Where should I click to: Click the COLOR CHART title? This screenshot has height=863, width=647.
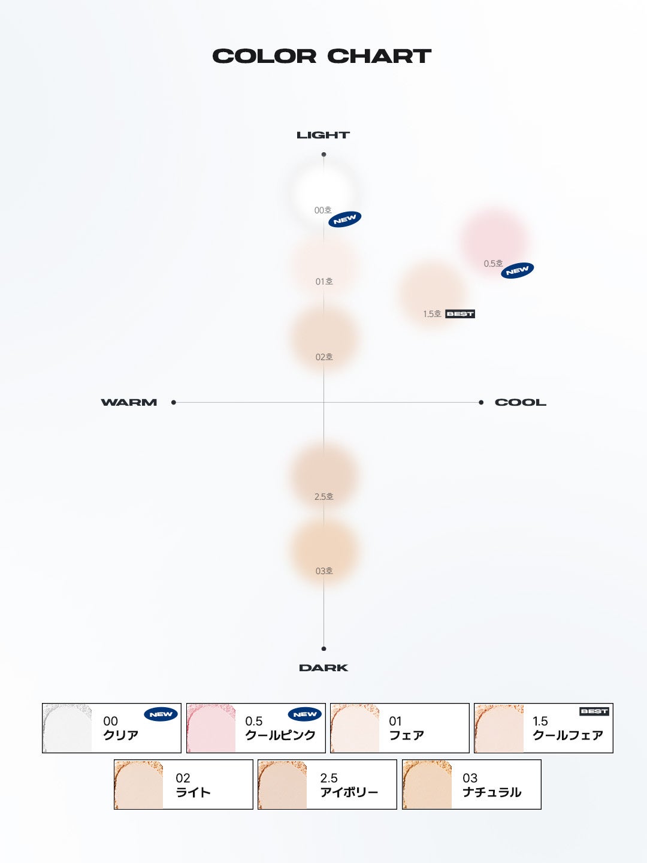point(322,56)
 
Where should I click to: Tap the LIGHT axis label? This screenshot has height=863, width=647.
point(323,135)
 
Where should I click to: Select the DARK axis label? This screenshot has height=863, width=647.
point(323,668)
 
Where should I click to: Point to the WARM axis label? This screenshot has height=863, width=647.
point(129,403)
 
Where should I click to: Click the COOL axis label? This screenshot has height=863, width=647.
point(520,403)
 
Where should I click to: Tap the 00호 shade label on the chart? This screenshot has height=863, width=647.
point(323,210)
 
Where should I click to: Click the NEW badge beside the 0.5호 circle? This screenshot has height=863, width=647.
point(517,270)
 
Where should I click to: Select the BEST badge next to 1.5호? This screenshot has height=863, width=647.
point(460,314)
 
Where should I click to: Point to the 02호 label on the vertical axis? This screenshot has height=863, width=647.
point(324,357)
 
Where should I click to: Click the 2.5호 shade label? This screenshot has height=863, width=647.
point(324,497)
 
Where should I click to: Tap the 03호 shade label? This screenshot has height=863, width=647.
point(324,571)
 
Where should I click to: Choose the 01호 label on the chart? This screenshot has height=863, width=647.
point(324,282)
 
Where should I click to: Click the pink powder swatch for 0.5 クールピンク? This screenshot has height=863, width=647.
point(211,728)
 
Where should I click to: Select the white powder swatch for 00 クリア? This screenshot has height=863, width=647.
point(67,728)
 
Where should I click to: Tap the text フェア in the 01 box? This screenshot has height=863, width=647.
point(407,735)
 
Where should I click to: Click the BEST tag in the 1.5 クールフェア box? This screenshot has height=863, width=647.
point(594,711)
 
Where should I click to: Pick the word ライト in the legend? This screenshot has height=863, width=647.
point(193,792)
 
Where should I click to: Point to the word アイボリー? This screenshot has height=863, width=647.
point(349,792)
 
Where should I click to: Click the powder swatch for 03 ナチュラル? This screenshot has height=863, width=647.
point(427,785)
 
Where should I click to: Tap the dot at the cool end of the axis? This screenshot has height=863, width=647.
point(481,403)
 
